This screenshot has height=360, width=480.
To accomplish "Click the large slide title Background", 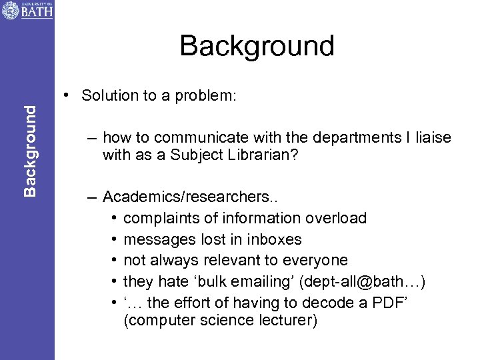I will coord(257,46).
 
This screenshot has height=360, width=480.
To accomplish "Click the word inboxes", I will coord(273,239).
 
